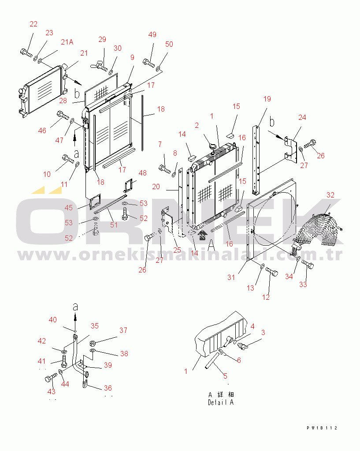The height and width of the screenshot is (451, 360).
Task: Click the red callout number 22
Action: [33, 24]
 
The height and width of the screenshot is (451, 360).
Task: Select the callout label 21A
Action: [67, 42]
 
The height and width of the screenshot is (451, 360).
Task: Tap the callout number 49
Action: [152, 34]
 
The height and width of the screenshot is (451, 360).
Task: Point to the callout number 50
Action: [169, 44]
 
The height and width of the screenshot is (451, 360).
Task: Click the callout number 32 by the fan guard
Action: [330, 195]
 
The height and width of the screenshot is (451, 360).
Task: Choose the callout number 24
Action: [302, 117]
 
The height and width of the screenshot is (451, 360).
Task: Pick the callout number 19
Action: [267, 99]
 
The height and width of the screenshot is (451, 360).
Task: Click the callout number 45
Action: [68, 208]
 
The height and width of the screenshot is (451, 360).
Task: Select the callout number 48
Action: [143, 173]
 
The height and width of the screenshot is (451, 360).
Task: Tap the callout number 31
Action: [231, 277]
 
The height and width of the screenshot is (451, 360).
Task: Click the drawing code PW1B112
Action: [322, 428]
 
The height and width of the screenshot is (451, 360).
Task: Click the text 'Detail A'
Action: [221, 403]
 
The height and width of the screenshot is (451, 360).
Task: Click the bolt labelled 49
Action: [148, 63]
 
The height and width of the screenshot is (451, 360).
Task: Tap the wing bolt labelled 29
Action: [99, 66]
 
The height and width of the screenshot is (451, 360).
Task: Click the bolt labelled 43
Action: [51, 378]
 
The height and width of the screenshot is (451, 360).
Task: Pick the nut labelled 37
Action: [93, 343]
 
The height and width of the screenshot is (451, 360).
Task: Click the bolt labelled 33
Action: [308, 264]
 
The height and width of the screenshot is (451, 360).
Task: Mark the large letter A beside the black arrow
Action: [212, 246]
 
